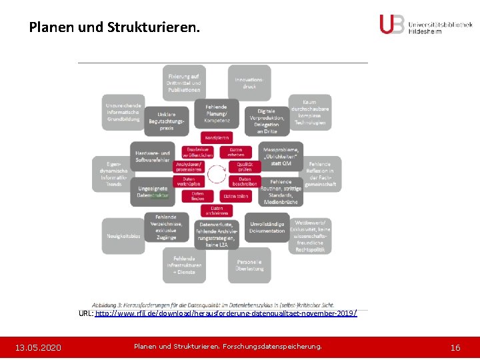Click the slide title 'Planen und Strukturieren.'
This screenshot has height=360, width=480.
coord(113,28)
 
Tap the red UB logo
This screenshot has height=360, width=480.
coord(392,24)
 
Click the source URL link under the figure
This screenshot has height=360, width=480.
coord(226,313)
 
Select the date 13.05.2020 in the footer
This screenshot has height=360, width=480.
coord(39,347)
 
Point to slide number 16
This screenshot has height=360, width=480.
coord(455,347)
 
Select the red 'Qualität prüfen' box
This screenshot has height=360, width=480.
coord(244,166)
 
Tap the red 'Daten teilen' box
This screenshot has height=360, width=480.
coord(235,196)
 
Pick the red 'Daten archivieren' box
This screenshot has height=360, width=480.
coord(217,211)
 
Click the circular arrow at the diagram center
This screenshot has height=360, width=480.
coord(217,175)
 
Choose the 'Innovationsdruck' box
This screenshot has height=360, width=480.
coord(249,83)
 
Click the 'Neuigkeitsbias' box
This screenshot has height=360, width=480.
coord(123,237)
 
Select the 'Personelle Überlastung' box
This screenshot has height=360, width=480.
coord(249,265)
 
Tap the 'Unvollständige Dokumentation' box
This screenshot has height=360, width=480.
coord(267,227)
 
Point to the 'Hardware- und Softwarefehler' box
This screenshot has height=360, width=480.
coord(153,157)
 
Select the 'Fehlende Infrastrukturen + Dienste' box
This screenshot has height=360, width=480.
coord(185,265)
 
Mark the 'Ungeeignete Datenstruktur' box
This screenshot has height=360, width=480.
coord(153,192)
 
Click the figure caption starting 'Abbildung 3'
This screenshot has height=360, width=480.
coord(213,305)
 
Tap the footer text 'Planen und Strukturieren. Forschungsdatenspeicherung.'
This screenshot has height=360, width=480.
coord(227,347)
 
